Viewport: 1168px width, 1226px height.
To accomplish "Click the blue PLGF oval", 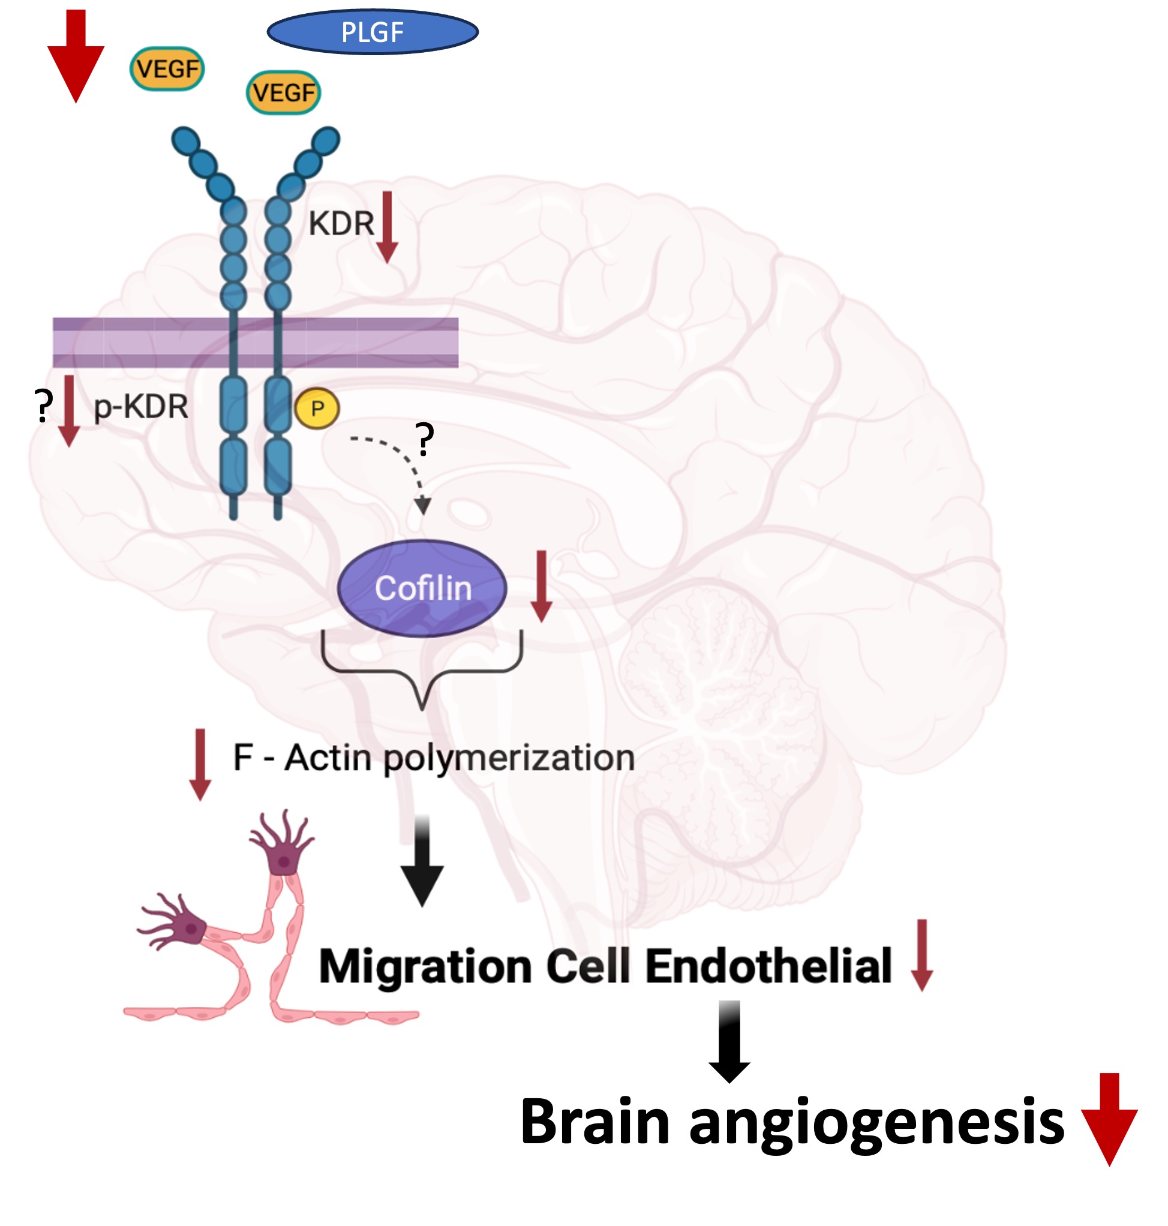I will [373, 32].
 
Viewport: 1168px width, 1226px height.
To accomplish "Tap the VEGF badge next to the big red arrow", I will [167, 68].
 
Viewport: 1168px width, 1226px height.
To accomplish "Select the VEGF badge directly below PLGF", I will [284, 93].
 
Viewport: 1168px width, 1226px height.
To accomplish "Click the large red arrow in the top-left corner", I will [76, 56].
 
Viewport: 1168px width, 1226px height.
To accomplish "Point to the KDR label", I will [341, 224].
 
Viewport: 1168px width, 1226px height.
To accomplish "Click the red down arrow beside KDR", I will [388, 228].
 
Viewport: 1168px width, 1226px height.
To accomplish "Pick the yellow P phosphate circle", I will [317, 408].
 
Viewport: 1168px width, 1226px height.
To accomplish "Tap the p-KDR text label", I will [141, 407].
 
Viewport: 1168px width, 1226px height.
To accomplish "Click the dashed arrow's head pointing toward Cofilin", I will [423, 505].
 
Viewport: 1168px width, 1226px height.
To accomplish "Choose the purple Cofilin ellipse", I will [422, 588].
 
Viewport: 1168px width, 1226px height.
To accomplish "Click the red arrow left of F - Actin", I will [200, 765].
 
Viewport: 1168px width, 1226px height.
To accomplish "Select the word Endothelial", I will [768, 966].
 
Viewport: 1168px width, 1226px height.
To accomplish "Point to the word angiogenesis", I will [876, 1122].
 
